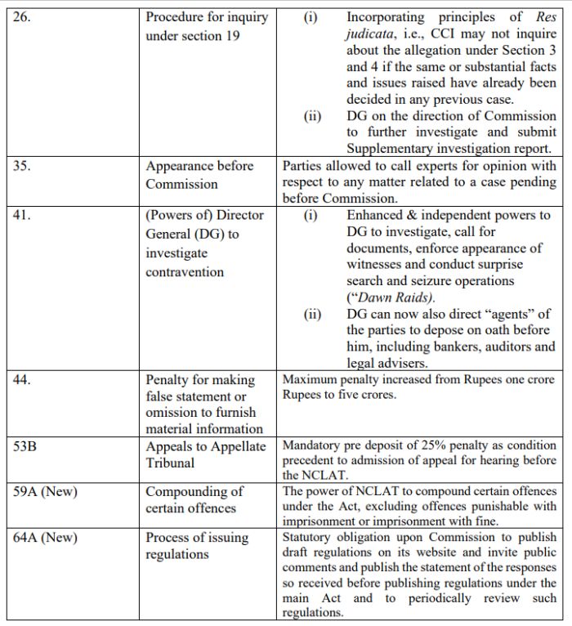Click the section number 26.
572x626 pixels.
point(23,17)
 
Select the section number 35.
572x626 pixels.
point(23,166)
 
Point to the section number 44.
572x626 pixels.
point(23,380)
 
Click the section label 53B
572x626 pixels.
point(26,446)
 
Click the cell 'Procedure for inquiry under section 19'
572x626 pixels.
point(207,27)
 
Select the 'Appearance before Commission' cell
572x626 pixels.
point(199,175)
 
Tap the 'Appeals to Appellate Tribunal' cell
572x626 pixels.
point(206,454)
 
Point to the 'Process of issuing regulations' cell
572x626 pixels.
point(197,546)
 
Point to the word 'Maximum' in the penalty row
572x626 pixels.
point(312,379)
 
